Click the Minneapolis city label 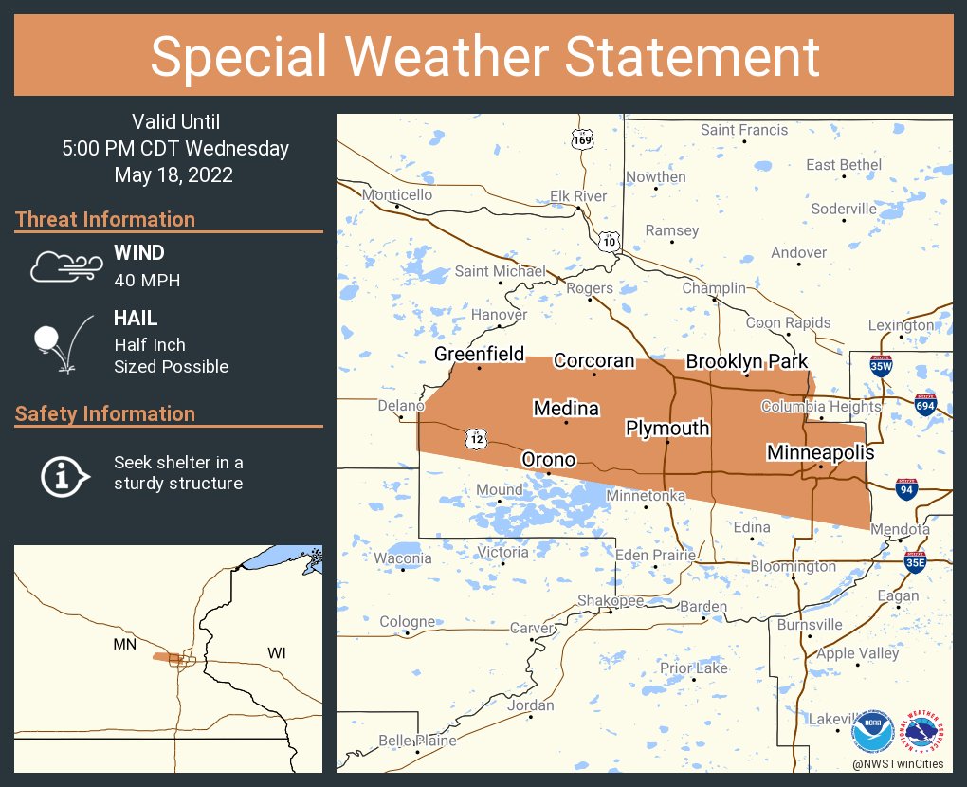click(x=820, y=452)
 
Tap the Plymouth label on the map click(x=667, y=428)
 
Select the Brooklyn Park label click(x=747, y=360)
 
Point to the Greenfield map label click(x=479, y=354)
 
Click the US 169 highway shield click(x=583, y=139)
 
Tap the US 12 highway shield click(x=476, y=438)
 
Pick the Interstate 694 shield click(x=926, y=405)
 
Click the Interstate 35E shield click(x=915, y=562)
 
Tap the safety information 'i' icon click(x=64, y=474)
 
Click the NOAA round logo click(x=872, y=734)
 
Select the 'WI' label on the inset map click(x=277, y=653)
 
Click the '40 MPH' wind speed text click(x=147, y=280)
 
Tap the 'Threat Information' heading click(x=105, y=219)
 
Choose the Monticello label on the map click(x=397, y=194)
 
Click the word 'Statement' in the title click(x=693, y=56)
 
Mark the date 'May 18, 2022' click(x=173, y=175)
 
